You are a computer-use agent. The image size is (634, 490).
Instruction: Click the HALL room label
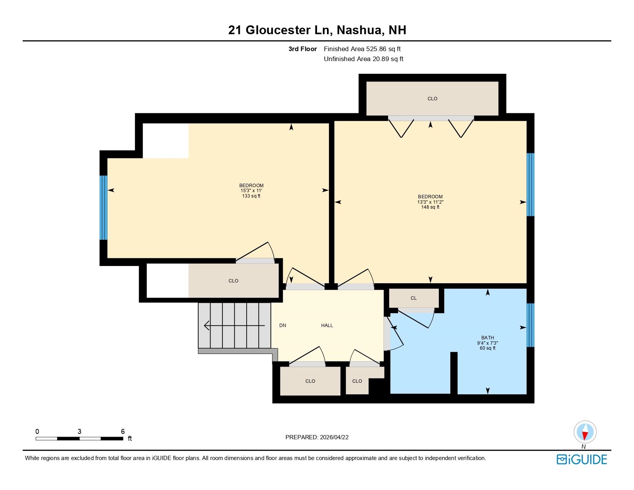tap(327, 326)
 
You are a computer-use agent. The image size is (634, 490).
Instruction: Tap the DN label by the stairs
tap(282, 326)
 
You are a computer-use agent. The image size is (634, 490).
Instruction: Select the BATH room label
tap(488, 338)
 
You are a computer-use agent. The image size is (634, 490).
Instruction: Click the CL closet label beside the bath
tap(413, 298)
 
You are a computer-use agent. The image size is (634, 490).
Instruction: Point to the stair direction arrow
tap(234, 325)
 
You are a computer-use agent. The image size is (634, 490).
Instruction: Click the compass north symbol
tap(585, 432)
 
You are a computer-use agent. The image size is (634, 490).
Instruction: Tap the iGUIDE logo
tap(581, 459)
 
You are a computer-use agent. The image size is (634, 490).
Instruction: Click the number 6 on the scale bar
tap(123, 431)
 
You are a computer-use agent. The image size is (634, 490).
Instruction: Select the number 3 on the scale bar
tap(80, 431)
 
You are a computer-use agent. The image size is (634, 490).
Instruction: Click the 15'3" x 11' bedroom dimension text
tap(251, 191)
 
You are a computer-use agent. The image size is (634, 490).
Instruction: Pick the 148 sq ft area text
tap(430, 207)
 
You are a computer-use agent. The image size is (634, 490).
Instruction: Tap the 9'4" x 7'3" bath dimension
tap(488, 343)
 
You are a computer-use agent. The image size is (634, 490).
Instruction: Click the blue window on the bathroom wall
tap(530, 325)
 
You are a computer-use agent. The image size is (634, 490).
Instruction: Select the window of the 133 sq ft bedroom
tap(104, 208)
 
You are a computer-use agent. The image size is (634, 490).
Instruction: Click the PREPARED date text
tap(317, 437)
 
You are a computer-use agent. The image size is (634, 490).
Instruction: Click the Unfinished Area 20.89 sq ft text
tap(363, 59)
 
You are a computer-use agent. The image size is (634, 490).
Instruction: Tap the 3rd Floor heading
tap(302, 49)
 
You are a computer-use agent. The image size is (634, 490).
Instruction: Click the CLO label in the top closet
tap(432, 99)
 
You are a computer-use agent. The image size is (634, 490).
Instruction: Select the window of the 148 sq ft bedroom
tap(530, 184)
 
